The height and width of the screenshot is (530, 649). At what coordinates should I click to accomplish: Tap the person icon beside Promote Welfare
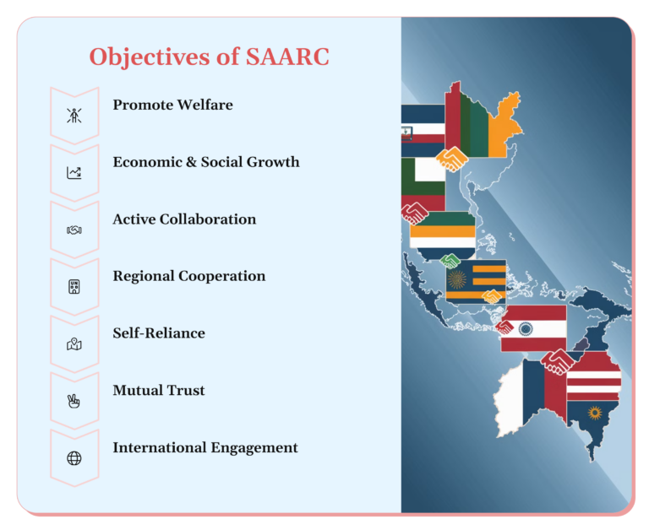pyautogui.click(x=74, y=115)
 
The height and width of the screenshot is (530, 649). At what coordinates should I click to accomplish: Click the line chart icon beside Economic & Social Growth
pyautogui.click(x=74, y=172)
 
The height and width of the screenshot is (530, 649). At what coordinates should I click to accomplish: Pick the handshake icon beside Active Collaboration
pyautogui.click(x=74, y=230)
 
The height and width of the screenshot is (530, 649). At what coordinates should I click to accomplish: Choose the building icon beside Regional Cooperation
pyautogui.click(x=74, y=286)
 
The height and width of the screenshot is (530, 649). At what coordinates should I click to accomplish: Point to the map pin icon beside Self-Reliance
pyautogui.click(x=74, y=343)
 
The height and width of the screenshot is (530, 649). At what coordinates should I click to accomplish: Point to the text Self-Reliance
pyautogui.click(x=159, y=333)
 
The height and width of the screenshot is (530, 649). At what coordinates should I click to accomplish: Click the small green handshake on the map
pyautogui.click(x=450, y=261)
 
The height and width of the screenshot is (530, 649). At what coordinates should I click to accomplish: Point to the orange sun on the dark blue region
pyautogui.click(x=594, y=413)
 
